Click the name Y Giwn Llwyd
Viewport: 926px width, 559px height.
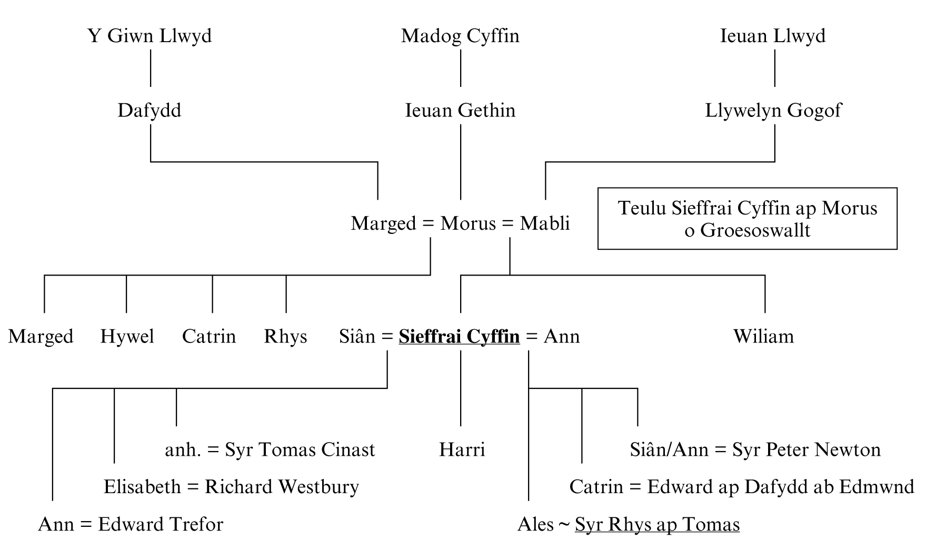tap(150, 36)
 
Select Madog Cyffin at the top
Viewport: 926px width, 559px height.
tap(460, 36)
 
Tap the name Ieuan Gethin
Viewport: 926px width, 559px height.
tap(460, 111)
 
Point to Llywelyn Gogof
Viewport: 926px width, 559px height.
tap(773, 111)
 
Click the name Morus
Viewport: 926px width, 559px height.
tap(469, 223)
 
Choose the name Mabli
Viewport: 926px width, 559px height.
tap(545, 223)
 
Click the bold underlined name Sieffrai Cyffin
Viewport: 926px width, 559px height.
tap(459, 336)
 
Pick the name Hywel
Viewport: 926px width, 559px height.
tap(127, 336)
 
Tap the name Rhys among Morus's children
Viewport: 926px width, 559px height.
tap(285, 336)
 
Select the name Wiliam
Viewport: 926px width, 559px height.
tap(763, 336)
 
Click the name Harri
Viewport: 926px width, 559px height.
tap(462, 450)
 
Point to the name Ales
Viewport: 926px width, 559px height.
tap(535, 525)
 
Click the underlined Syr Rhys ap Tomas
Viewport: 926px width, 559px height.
tap(657, 525)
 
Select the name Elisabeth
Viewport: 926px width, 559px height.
tap(142, 487)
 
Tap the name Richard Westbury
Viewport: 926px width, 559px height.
tap(282, 487)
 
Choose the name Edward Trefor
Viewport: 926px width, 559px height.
tap(161, 525)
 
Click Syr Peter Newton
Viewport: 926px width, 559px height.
tap(799, 450)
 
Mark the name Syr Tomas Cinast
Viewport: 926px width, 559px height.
tap(300, 450)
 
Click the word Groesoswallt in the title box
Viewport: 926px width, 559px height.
tap(755, 231)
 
